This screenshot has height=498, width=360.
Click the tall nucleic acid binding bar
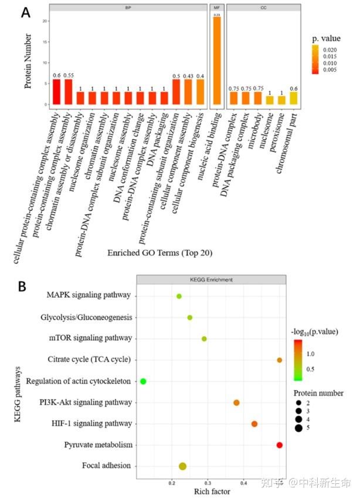(x=217, y=61)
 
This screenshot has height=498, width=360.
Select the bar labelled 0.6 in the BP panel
(x=57, y=92)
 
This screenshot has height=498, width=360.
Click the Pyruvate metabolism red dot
(x=279, y=445)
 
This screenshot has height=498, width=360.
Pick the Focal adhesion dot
(x=182, y=466)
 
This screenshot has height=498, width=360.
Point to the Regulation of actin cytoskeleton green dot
(x=143, y=381)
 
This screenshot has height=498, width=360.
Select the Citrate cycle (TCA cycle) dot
(x=279, y=360)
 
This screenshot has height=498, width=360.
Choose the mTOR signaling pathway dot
(x=204, y=338)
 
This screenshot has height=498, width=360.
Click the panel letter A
(x=26, y=13)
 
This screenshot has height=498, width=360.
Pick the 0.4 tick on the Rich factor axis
(x=245, y=482)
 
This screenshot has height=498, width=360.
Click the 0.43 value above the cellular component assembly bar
(x=188, y=76)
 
